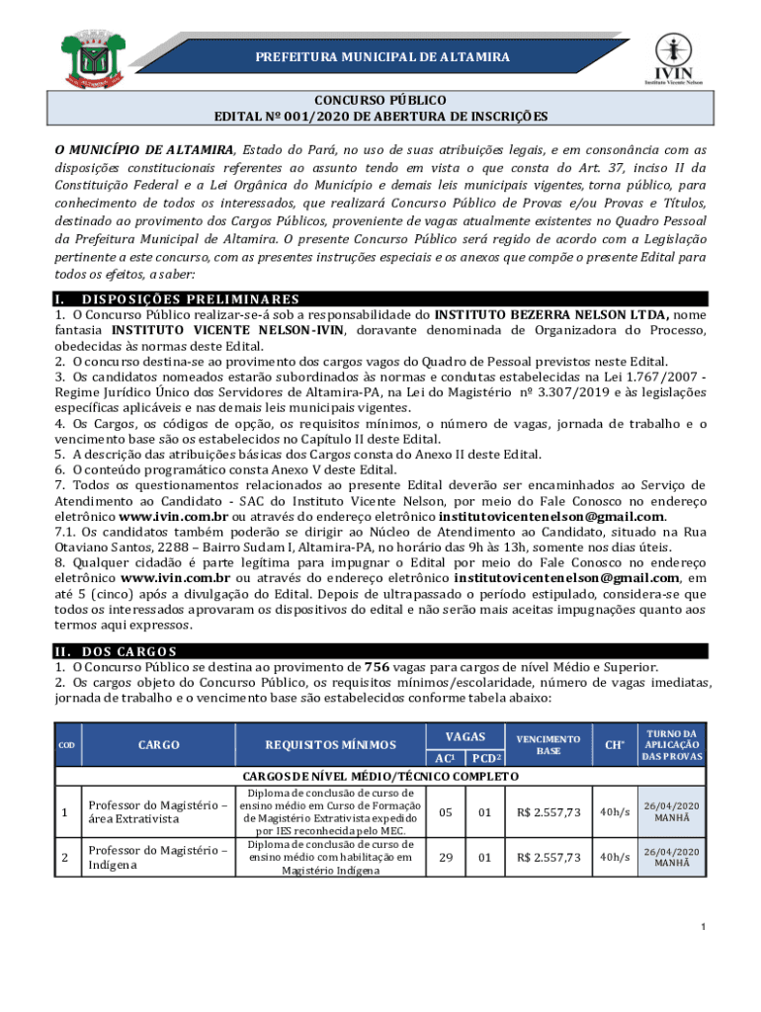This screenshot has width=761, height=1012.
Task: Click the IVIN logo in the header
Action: tap(674, 58)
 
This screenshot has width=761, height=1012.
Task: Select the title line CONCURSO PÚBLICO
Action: tap(380, 101)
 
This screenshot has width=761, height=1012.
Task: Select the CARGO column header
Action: tap(158, 745)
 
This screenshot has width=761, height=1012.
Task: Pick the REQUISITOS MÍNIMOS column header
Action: tap(330, 745)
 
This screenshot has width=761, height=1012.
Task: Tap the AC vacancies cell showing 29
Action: tap(446, 857)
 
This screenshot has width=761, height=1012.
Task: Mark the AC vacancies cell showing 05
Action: tap(446, 812)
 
